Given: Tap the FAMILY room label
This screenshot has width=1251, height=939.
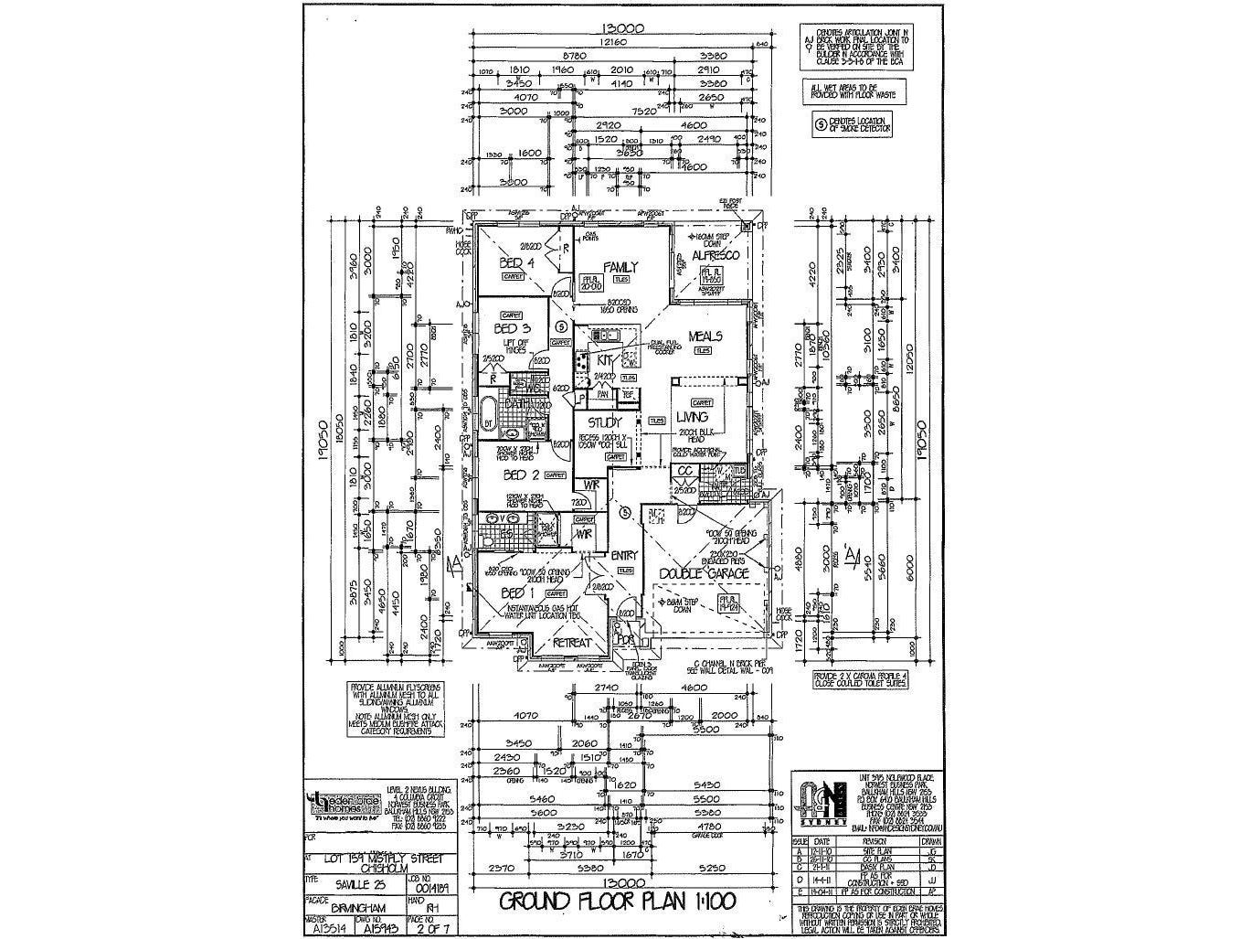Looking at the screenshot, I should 620,267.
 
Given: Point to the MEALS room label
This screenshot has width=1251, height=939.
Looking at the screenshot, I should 705,336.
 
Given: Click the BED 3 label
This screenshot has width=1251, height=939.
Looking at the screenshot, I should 512,328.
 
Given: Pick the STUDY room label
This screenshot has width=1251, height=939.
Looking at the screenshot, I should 604,422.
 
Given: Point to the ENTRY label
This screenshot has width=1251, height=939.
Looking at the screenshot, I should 624,555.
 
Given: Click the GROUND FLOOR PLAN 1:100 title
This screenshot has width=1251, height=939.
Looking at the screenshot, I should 617,902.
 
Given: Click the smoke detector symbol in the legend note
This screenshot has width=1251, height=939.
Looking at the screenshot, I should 820,123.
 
